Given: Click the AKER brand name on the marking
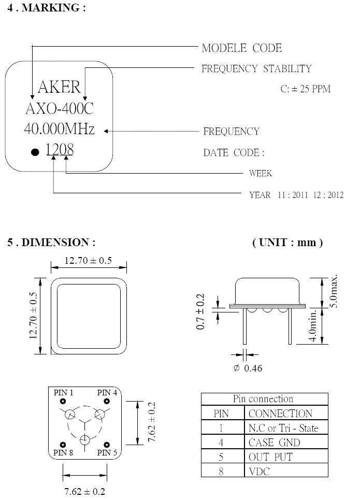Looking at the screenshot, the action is [x=59, y=87].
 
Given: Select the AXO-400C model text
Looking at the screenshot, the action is [x=60, y=108].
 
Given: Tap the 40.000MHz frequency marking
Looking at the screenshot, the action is [x=60, y=129].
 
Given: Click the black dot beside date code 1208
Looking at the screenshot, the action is [x=35, y=152].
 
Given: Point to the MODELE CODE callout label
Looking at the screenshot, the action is [x=242, y=48].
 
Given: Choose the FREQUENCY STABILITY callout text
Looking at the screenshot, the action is [x=256, y=69].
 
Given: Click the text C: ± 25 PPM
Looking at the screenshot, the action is [x=305, y=89].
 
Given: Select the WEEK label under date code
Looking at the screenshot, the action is [x=261, y=174].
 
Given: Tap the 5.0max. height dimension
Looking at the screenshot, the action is [x=333, y=291].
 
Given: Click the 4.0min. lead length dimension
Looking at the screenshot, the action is [x=313, y=325].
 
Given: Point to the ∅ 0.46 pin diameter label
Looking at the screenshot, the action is [x=248, y=368].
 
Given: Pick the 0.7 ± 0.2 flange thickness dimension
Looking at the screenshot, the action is [x=200, y=311].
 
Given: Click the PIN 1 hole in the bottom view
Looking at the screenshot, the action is [x=63, y=401].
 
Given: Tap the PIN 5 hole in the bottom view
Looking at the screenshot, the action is [x=107, y=445].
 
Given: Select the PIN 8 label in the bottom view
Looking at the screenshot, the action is [x=63, y=452].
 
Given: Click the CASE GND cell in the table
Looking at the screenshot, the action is [x=274, y=443].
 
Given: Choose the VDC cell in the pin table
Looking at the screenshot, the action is [x=259, y=472].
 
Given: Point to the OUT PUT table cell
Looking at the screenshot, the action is [x=270, y=457].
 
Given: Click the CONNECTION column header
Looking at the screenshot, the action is [x=281, y=414].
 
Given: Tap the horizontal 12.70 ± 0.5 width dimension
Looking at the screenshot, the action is [x=88, y=261].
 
